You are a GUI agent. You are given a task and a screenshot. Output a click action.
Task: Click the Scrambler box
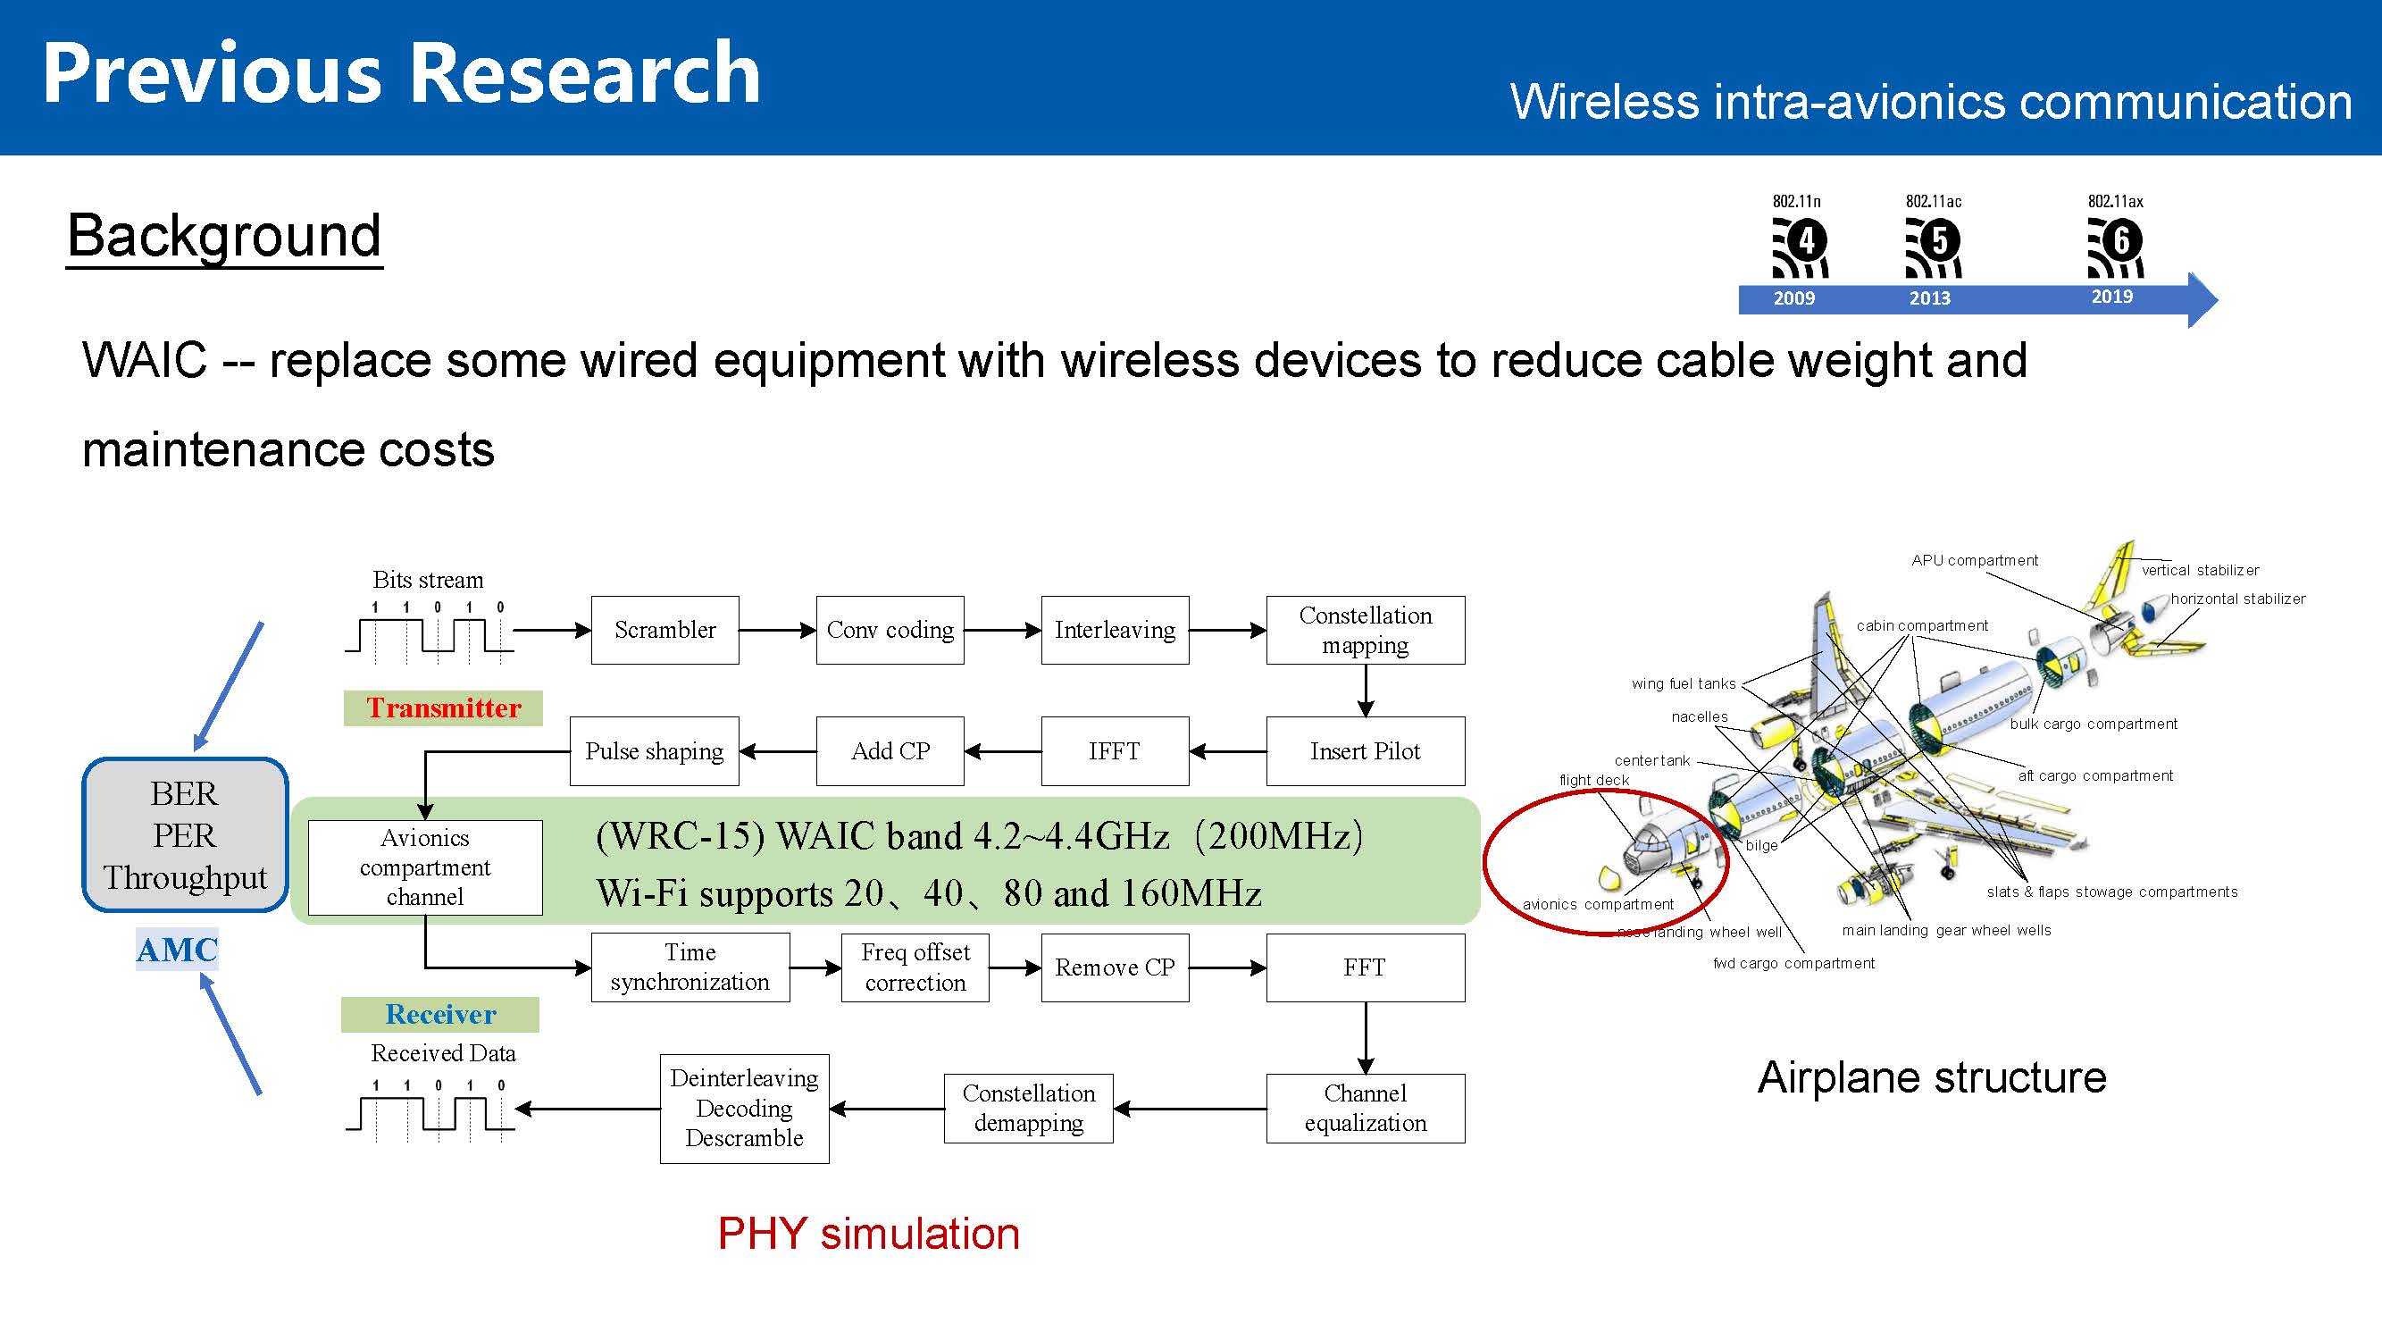point(664,630)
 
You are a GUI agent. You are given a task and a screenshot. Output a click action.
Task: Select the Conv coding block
point(890,630)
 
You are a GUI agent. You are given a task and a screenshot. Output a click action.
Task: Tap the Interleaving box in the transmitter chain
point(1115,630)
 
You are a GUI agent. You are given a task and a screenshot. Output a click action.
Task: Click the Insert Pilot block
point(1365,751)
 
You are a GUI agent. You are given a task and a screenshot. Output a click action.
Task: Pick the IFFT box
point(1115,751)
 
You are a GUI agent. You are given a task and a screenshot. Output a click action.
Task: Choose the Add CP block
point(890,751)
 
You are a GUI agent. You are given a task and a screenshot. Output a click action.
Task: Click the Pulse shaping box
point(654,751)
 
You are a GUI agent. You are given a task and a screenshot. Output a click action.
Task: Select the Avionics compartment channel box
point(424,867)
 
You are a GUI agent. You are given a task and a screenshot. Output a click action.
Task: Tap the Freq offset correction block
point(915,967)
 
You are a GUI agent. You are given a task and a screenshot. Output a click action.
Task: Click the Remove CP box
point(1115,967)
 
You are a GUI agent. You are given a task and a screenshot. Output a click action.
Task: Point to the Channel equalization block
point(1365,1108)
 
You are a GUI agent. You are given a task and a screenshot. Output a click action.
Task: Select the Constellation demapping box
point(1028,1108)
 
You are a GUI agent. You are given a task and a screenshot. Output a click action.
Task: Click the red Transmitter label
point(443,708)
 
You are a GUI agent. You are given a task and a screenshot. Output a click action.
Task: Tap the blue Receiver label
point(440,1015)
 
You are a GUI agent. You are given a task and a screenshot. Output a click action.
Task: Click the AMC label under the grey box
point(177,950)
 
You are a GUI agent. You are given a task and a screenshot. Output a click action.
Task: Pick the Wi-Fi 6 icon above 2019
point(2116,247)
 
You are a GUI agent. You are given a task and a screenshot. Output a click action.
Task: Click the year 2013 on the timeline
point(1930,298)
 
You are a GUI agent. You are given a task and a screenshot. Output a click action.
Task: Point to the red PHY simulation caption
point(868,1234)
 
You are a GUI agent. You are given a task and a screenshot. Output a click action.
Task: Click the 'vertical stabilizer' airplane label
point(2200,571)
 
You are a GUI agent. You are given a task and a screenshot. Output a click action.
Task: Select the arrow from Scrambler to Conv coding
point(777,630)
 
